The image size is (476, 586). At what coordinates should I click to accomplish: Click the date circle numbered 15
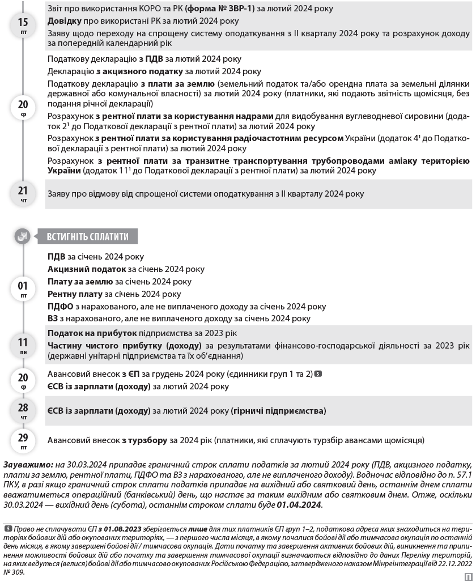click(23, 26)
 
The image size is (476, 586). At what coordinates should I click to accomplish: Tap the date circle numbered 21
click(23, 193)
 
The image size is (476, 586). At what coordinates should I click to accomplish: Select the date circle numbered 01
click(23, 288)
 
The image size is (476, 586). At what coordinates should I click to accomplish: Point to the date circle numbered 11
click(23, 345)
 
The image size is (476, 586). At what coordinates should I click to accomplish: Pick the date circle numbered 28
click(23, 410)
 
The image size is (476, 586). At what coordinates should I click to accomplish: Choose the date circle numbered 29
click(23, 440)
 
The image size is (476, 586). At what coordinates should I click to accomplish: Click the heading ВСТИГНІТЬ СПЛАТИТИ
click(87, 237)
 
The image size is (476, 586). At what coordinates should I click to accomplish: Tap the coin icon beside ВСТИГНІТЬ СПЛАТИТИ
click(23, 237)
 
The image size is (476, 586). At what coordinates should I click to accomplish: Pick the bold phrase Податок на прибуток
click(92, 333)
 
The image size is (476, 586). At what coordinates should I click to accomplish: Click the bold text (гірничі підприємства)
click(278, 410)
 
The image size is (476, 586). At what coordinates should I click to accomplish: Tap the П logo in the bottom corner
click(467, 577)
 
